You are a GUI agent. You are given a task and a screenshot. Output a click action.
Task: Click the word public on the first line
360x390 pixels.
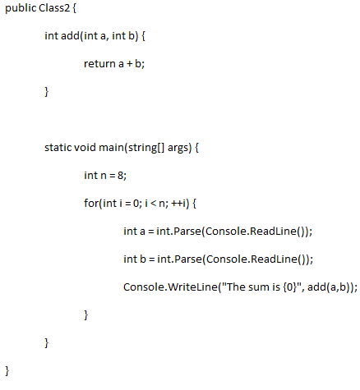pos(21,8)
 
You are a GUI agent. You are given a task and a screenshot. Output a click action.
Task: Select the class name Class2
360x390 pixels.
pos(54,7)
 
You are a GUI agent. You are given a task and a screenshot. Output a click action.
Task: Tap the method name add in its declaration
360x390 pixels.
pos(70,35)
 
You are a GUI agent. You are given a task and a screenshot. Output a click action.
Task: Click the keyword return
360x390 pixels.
pos(99,64)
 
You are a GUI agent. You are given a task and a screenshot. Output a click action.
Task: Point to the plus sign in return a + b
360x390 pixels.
pos(129,64)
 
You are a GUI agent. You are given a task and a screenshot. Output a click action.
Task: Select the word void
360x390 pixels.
pos(85,147)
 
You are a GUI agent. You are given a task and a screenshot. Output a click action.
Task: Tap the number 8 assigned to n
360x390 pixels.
pos(120,176)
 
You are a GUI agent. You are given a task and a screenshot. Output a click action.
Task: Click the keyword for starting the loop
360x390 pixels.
pos(91,203)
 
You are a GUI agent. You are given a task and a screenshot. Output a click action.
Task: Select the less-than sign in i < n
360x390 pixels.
pos(154,204)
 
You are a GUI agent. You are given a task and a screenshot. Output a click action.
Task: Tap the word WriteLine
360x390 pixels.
pos(192,287)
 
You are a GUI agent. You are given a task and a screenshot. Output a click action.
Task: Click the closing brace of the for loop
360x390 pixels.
pos(86,315)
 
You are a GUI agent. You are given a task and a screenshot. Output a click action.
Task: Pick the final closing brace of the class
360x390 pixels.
pos(7,371)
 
